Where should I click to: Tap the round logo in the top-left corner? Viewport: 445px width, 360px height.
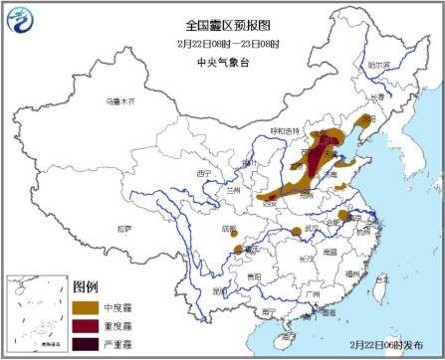coord(18,18)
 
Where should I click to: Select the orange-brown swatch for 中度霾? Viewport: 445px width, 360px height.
coord(88,306)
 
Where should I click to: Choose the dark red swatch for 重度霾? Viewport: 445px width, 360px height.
coord(88,325)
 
